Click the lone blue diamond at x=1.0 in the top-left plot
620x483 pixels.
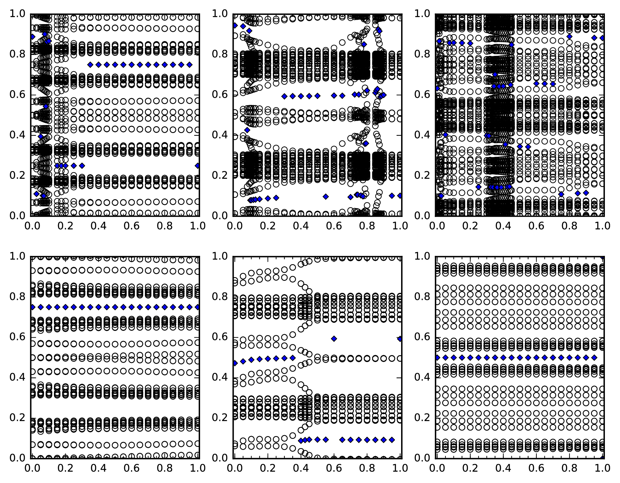197,166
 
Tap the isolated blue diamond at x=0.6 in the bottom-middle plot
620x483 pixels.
334,339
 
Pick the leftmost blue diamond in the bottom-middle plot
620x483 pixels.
235,363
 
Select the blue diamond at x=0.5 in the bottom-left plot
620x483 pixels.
115,307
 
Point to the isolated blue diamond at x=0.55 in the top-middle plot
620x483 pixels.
326,197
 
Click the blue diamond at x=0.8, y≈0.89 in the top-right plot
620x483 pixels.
569,37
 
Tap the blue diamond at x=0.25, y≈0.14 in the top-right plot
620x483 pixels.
478,187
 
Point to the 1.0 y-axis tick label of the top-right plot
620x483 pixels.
422,14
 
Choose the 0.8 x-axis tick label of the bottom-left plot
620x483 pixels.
165,468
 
